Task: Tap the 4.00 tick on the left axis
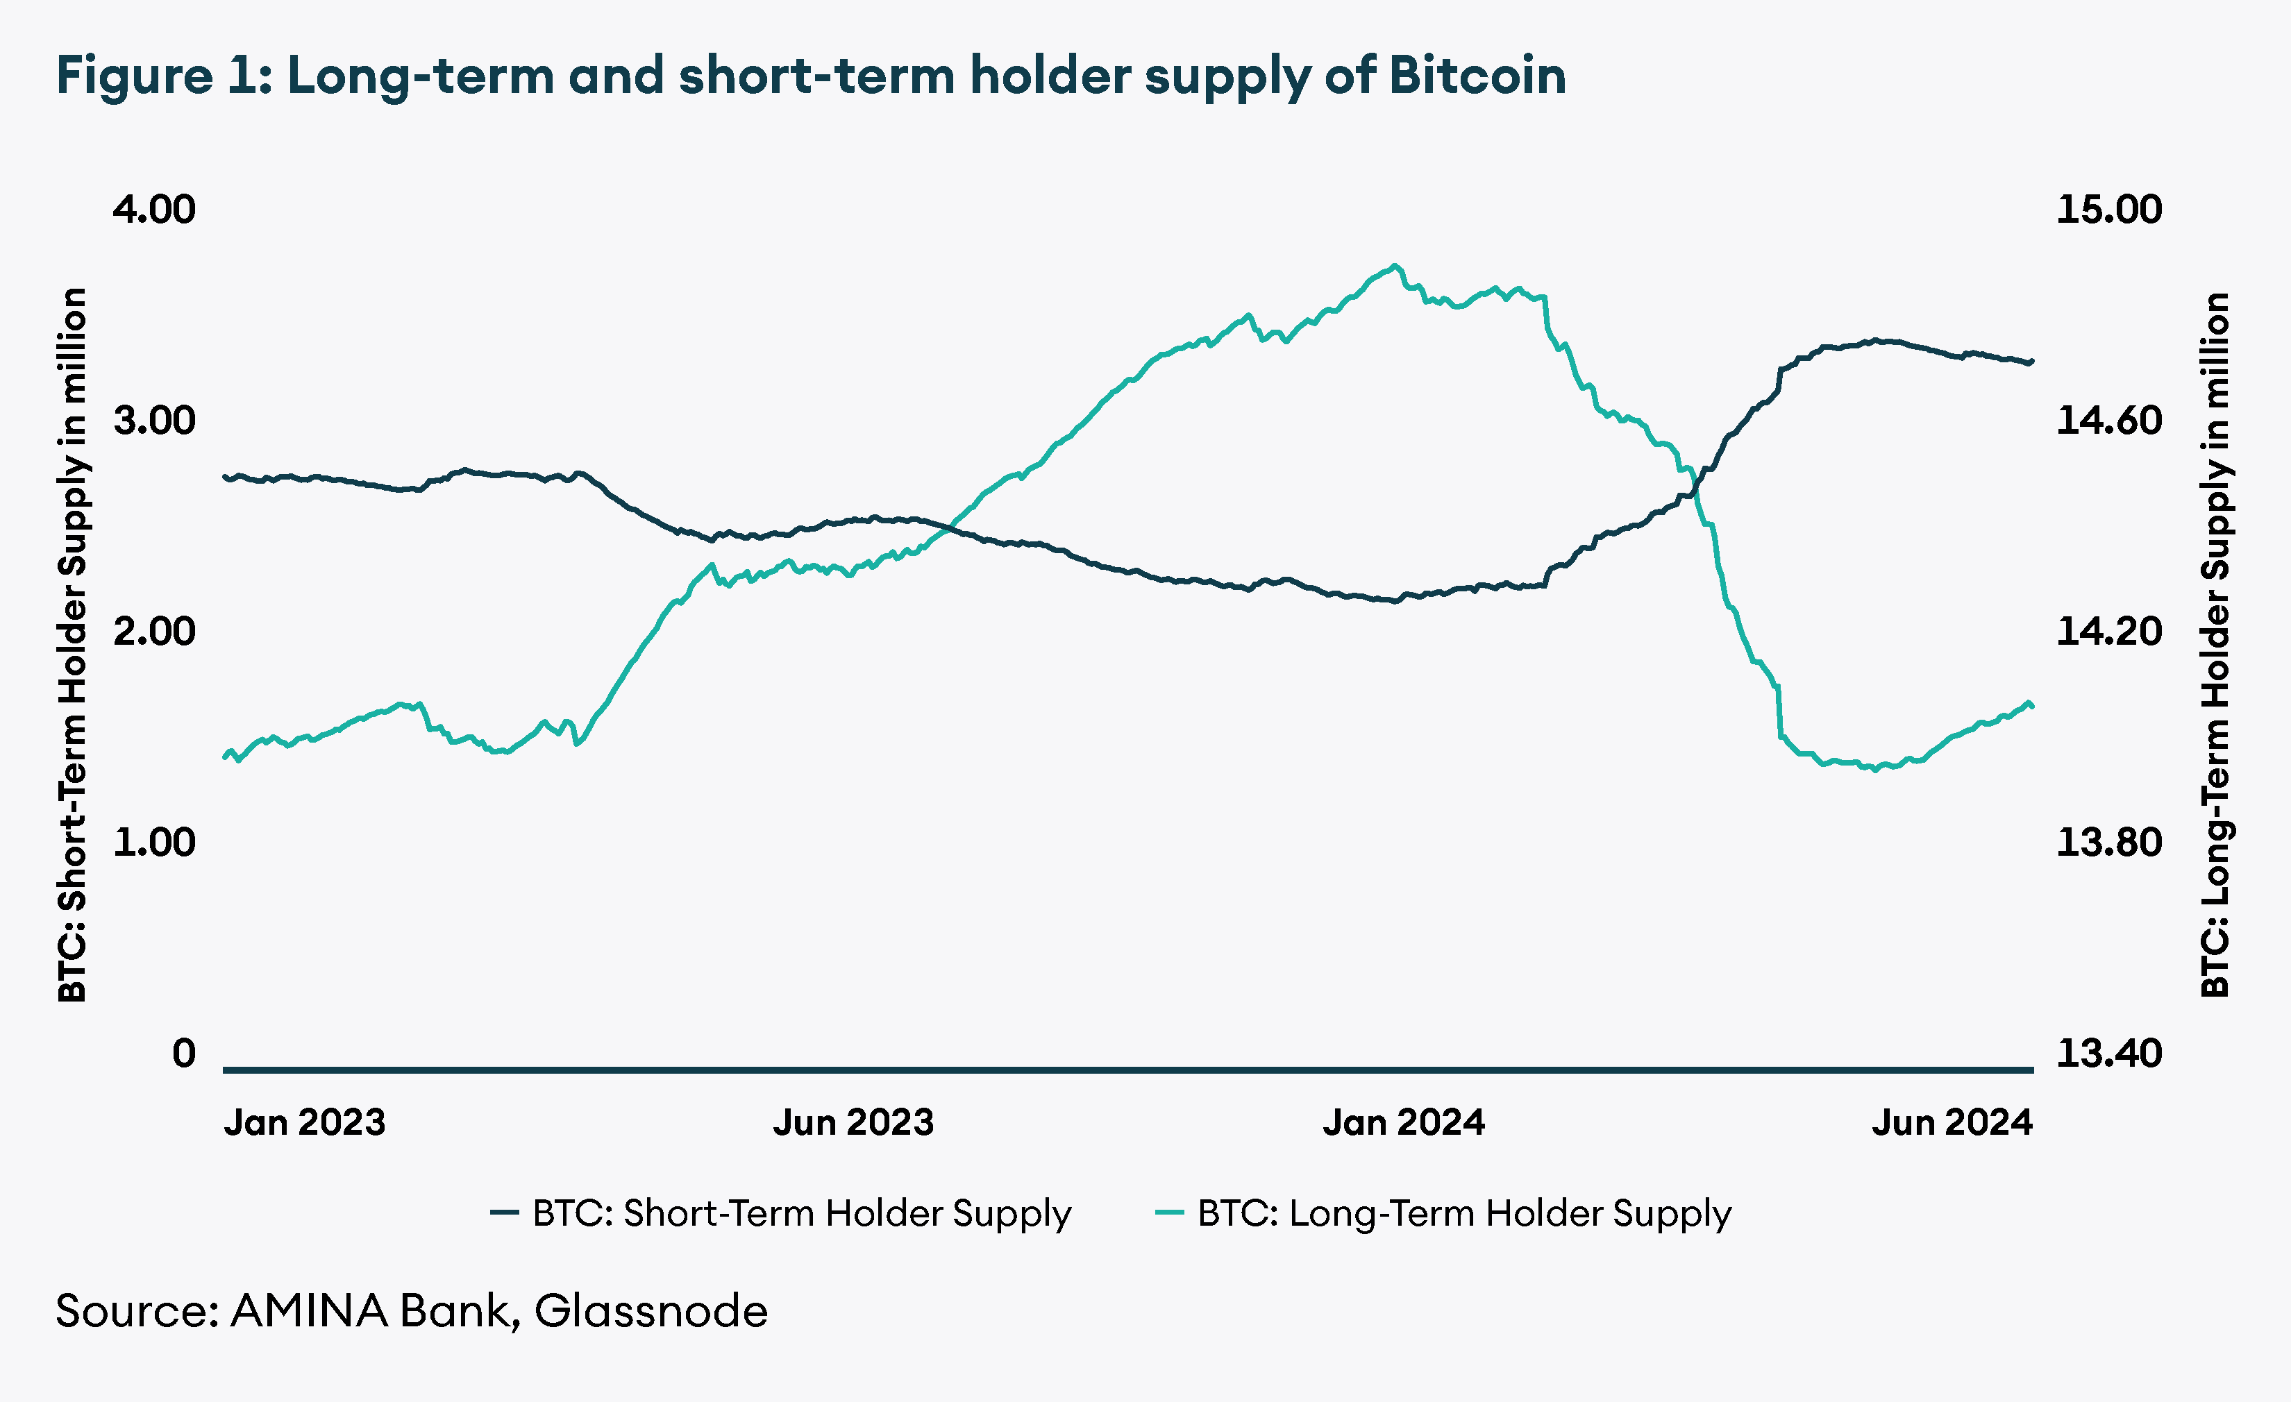coord(154,209)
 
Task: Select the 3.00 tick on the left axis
coord(154,420)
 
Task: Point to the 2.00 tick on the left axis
coord(154,632)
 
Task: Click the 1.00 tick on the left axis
coord(154,843)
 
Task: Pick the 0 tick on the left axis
coord(184,1054)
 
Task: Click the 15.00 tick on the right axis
coord(2109,209)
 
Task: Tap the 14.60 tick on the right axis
coord(2109,420)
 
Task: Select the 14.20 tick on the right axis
coord(2109,632)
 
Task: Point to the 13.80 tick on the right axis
coord(2109,843)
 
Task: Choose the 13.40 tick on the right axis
coord(2109,1054)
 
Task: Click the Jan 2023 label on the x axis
coord(304,1122)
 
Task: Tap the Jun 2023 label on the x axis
coord(853,1122)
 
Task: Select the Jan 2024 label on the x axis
coord(1403,1122)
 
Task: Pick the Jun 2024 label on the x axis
coord(1952,1122)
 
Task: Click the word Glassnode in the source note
coord(651,1311)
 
